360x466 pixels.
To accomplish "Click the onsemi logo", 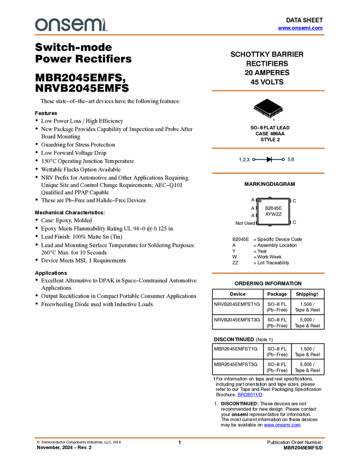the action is [71, 25].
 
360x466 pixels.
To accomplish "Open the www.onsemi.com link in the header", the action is [300, 28].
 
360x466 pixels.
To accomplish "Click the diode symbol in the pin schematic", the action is [269, 160].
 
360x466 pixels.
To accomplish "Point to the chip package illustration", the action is [268, 109].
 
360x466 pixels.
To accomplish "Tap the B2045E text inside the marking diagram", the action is [273, 208].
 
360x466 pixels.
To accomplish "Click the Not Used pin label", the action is [245, 223].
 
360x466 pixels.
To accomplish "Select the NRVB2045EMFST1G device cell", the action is [237, 304].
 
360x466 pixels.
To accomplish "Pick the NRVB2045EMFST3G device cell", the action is [237, 320].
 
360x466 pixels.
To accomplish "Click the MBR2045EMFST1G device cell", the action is [236, 349].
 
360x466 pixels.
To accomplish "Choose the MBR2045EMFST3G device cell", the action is [236, 365].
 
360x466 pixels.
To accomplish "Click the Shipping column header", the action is [307, 294].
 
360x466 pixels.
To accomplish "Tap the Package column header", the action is [277, 294].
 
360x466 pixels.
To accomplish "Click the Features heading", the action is [46, 113].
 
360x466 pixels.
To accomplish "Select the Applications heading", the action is [51, 273].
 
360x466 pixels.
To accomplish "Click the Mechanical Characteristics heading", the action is [70, 213].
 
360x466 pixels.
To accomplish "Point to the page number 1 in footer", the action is [180, 442].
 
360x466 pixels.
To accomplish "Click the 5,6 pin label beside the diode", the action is [291, 160].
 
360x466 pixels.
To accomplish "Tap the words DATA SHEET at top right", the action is [304, 20].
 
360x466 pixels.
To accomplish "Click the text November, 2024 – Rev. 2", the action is [64, 447].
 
